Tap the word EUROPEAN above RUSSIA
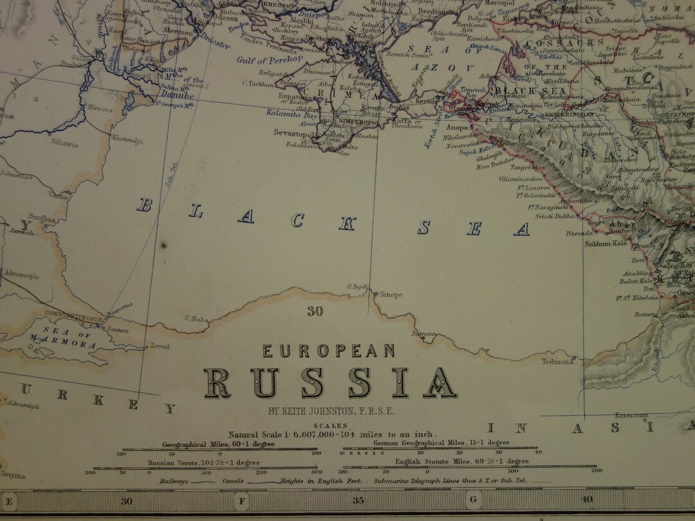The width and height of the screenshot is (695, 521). pyautogui.click(x=328, y=351)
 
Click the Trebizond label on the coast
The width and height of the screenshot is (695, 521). pyautogui.click(x=557, y=362)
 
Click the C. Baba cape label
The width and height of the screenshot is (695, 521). pyautogui.click(x=195, y=318)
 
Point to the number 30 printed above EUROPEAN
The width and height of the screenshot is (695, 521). pyautogui.click(x=314, y=312)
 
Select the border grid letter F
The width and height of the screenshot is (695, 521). pyautogui.click(x=242, y=500)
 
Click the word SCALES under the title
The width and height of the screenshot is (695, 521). pyautogui.click(x=329, y=425)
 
